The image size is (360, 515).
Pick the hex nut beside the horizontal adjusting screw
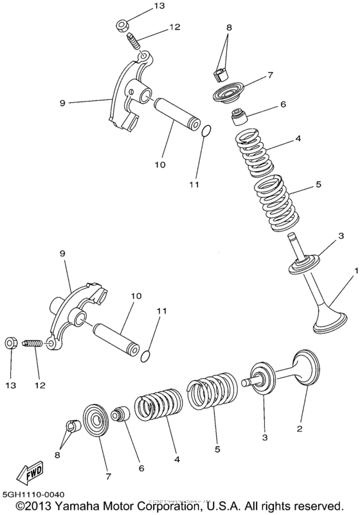click(x=11, y=343)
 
